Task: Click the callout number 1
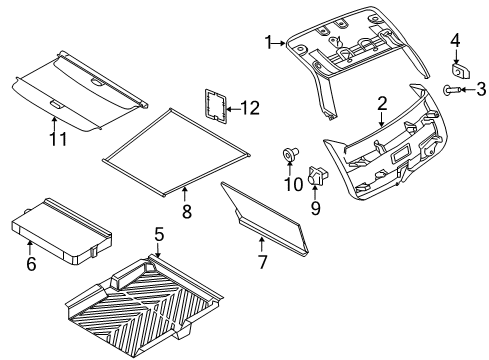267,42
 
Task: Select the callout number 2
381,104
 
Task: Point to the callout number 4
454,41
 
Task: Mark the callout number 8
185,211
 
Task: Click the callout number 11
59,139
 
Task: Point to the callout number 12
250,107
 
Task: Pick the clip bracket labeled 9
317,175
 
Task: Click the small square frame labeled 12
213,106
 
